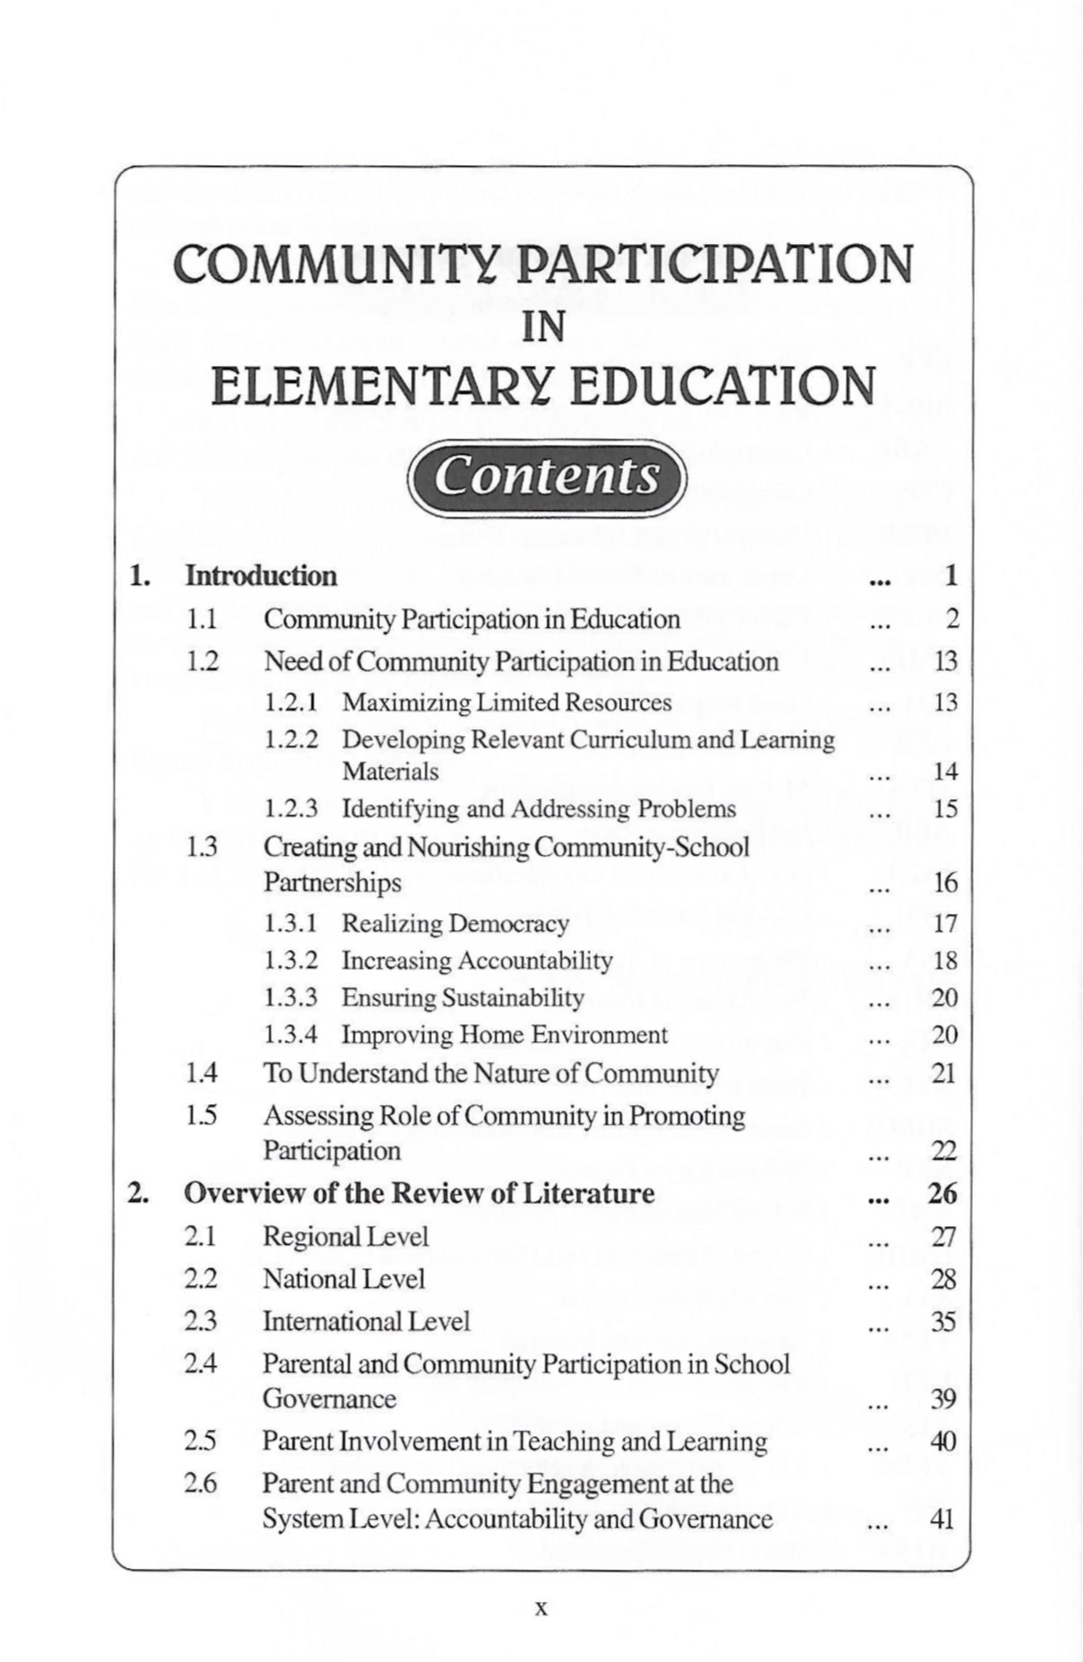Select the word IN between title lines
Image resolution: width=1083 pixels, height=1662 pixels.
point(542,328)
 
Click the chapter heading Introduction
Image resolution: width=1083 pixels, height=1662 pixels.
point(261,576)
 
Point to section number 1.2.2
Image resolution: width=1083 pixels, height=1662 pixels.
point(291,740)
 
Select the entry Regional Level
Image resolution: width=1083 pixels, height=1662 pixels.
point(345,1237)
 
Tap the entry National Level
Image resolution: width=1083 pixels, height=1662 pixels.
point(343,1279)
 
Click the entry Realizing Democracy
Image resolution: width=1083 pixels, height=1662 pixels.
point(455,924)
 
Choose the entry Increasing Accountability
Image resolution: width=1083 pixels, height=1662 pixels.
point(477,961)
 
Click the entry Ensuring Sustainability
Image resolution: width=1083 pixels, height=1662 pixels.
point(463,997)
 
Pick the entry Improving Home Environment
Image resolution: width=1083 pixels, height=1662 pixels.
point(505,1035)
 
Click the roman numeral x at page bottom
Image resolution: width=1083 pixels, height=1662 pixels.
point(541,1608)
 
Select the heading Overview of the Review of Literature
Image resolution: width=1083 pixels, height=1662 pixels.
point(419,1194)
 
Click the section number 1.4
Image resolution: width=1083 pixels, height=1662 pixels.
point(203,1074)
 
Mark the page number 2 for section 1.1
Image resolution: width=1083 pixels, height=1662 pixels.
point(952,620)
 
